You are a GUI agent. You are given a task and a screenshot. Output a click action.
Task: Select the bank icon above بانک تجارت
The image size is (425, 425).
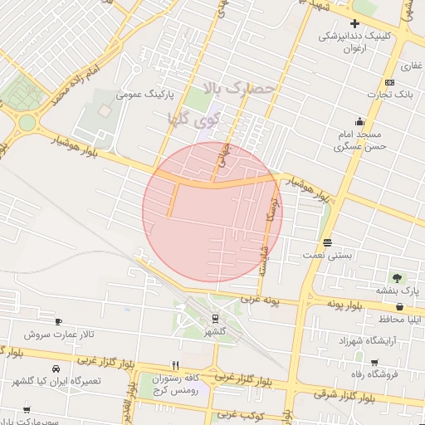click(x=389, y=82)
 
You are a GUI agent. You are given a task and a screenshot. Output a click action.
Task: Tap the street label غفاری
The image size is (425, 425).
click(x=410, y=66)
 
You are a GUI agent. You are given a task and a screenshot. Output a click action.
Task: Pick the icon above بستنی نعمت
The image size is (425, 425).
click(x=329, y=242)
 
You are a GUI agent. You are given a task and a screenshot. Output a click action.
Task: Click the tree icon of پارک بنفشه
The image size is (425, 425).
click(x=397, y=278)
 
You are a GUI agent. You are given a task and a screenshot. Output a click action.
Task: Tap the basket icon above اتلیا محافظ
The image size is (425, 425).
click(x=400, y=307)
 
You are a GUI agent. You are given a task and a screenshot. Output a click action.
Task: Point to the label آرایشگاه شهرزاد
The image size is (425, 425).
click(x=366, y=340)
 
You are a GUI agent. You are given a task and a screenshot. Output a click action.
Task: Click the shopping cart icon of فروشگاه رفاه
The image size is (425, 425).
click(x=375, y=363)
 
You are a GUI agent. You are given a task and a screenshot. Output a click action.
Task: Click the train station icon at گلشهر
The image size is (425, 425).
click(x=215, y=317)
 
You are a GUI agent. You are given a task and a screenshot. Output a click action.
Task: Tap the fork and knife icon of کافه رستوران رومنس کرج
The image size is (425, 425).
click(x=175, y=364)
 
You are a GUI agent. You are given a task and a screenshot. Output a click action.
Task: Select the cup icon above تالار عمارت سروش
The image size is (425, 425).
click(x=58, y=322)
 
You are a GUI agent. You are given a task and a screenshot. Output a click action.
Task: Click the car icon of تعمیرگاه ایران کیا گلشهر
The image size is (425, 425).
click(x=55, y=369)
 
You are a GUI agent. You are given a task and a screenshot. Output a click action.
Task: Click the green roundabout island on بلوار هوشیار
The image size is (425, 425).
click(x=27, y=123)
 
